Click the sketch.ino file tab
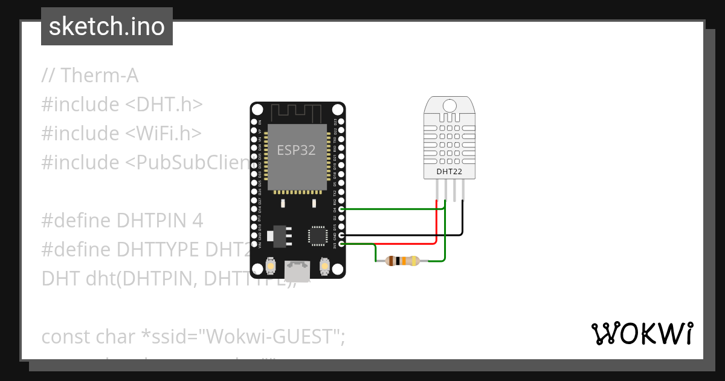[x=107, y=27]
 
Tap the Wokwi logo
[x=642, y=333]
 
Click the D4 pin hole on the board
[x=341, y=209]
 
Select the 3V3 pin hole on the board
[x=341, y=244]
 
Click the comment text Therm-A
[x=90, y=76]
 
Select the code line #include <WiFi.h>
[x=121, y=133]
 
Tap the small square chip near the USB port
[x=318, y=235]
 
